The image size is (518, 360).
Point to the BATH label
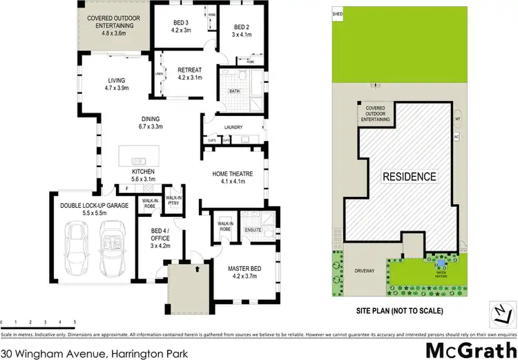coord(234,91)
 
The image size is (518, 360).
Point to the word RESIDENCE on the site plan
coord(410,176)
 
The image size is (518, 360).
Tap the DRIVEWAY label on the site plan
coord(363,271)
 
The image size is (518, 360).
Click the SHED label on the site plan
coord(337,13)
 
